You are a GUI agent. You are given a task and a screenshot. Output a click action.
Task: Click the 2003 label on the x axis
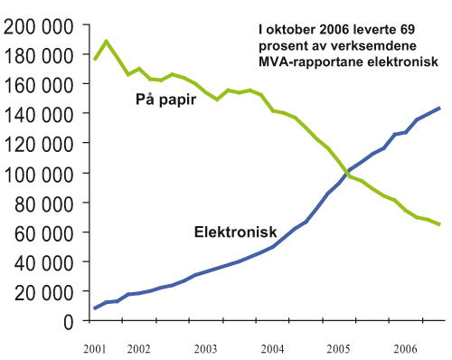coord(206,347)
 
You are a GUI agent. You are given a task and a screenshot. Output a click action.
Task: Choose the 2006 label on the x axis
coord(405,347)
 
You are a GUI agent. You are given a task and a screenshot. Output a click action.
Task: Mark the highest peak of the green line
coord(107,41)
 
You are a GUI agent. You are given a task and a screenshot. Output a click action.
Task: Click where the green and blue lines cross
coord(346,171)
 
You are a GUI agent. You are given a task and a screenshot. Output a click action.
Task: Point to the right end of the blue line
coord(440,108)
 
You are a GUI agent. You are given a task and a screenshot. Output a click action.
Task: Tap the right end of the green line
coord(440,224)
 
